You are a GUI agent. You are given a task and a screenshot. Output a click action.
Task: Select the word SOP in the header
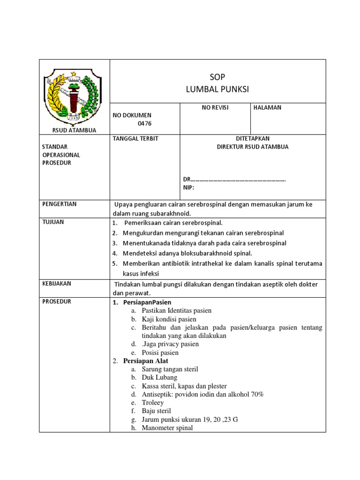217,77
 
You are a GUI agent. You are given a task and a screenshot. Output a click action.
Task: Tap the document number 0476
145,123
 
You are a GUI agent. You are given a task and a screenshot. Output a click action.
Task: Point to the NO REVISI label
215,107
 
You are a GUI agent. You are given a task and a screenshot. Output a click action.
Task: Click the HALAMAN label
268,107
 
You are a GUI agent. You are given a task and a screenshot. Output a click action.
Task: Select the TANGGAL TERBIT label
135,138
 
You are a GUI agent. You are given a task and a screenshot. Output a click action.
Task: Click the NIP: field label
188,187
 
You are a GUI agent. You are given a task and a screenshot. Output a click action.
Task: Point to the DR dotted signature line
234,180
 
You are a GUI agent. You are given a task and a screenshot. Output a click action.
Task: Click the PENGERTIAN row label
60,204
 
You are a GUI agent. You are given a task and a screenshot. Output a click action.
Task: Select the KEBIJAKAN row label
57,284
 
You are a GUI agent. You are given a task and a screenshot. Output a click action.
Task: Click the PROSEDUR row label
57,301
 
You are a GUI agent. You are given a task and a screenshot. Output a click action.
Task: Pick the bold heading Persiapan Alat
145,361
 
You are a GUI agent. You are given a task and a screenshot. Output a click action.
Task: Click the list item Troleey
153,403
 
